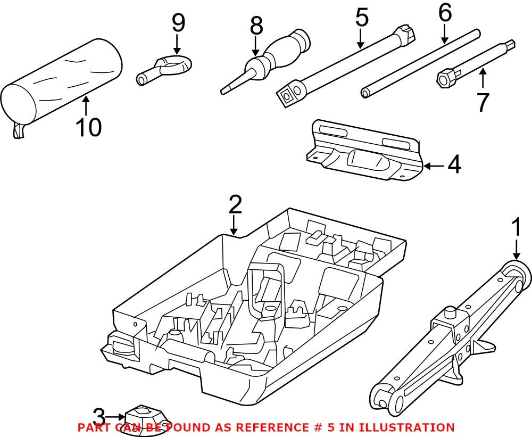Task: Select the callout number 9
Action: [x=178, y=23]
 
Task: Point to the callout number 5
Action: [x=361, y=17]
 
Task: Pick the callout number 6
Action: [x=444, y=13]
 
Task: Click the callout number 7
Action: [x=482, y=102]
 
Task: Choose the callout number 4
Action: [x=454, y=166]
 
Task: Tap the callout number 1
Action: [x=516, y=227]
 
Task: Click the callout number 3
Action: [x=99, y=416]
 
